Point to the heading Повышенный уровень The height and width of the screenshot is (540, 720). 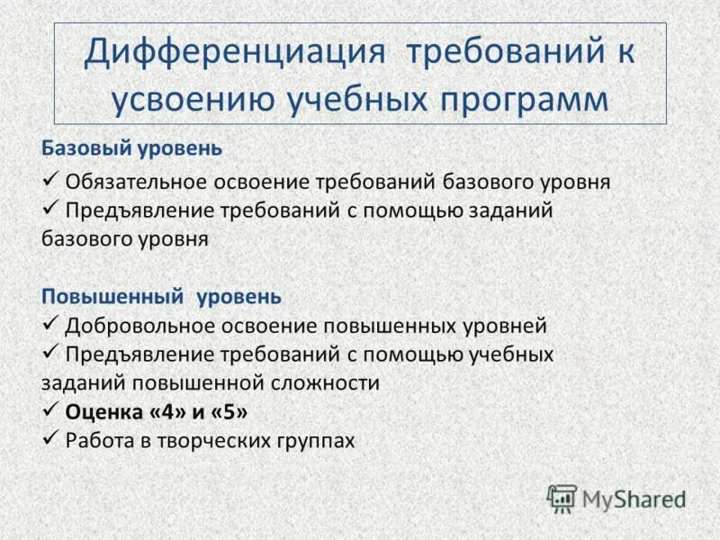162,295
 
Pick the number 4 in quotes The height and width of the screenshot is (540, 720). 164,412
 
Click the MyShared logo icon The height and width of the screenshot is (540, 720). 561,498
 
